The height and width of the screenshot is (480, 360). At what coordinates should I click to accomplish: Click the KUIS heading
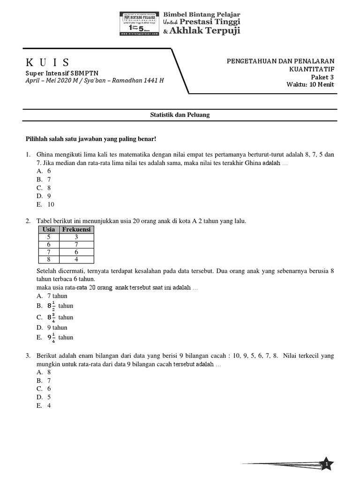tap(47, 62)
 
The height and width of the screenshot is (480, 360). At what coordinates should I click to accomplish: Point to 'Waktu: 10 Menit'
tap(310, 84)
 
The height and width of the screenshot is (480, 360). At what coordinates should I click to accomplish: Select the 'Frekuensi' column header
tap(77, 229)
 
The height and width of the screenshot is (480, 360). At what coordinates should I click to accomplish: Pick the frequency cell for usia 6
tap(77, 245)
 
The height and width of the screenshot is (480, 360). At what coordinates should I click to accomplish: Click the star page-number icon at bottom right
tap(326, 463)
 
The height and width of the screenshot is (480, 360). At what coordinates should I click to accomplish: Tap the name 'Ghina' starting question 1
tap(45, 155)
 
